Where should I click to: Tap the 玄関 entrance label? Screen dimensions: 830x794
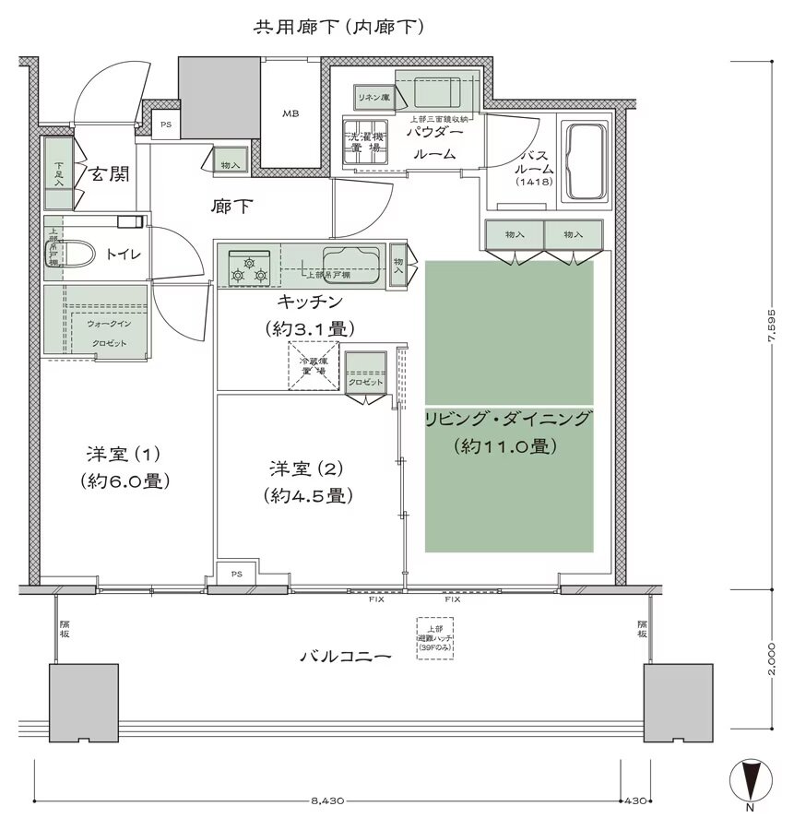(109, 174)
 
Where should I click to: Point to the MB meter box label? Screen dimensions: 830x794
(290, 113)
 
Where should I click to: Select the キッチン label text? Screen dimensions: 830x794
(309, 302)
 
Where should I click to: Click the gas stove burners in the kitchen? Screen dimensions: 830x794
(251, 267)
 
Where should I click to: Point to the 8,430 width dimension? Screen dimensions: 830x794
(327, 800)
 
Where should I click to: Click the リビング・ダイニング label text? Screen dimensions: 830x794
(506, 421)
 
